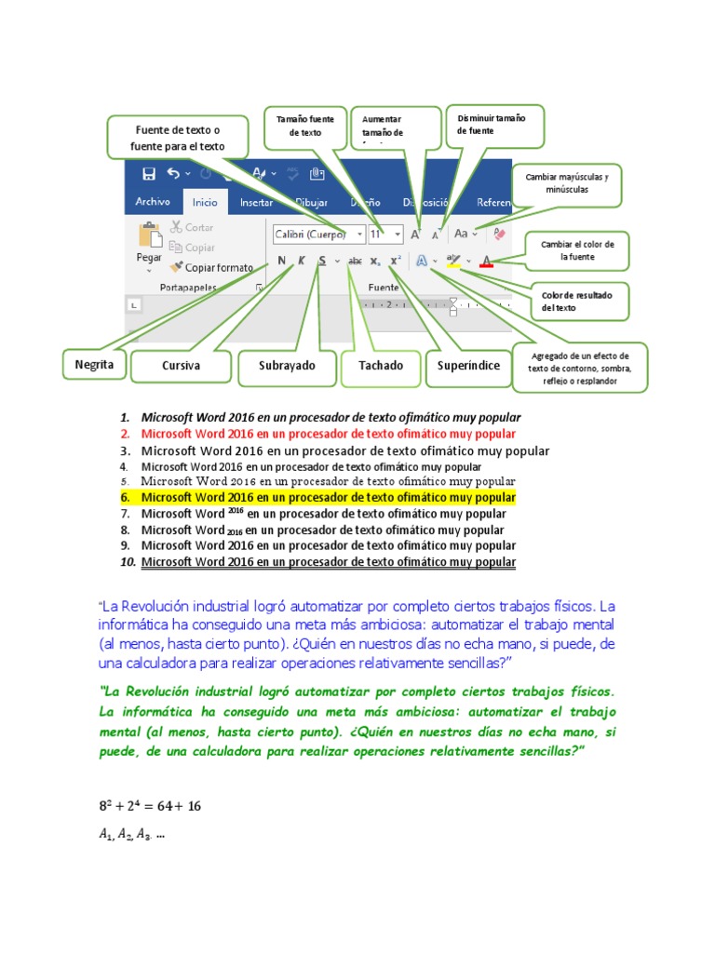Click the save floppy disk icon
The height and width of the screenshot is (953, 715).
click(148, 174)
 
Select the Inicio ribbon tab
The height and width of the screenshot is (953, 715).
click(205, 202)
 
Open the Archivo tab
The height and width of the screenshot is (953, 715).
click(153, 201)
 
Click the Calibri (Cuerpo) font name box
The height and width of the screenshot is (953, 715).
click(317, 234)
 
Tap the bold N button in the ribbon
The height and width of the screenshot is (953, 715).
click(281, 262)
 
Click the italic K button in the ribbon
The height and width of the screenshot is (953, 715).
click(301, 262)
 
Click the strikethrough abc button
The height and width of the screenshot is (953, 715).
click(355, 262)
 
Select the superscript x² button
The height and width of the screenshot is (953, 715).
click(395, 262)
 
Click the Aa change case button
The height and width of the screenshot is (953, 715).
click(463, 234)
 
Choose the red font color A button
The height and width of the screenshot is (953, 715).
click(486, 262)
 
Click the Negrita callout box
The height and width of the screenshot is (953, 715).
click(94, 365)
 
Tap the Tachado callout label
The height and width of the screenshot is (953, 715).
click(381, 366)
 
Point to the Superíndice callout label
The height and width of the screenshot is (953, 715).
click(468, 366)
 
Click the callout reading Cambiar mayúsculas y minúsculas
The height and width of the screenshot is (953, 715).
click(567, 182)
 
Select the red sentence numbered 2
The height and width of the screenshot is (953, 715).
click(328, 434)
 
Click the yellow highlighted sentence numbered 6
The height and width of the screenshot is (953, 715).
click(328, 498)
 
